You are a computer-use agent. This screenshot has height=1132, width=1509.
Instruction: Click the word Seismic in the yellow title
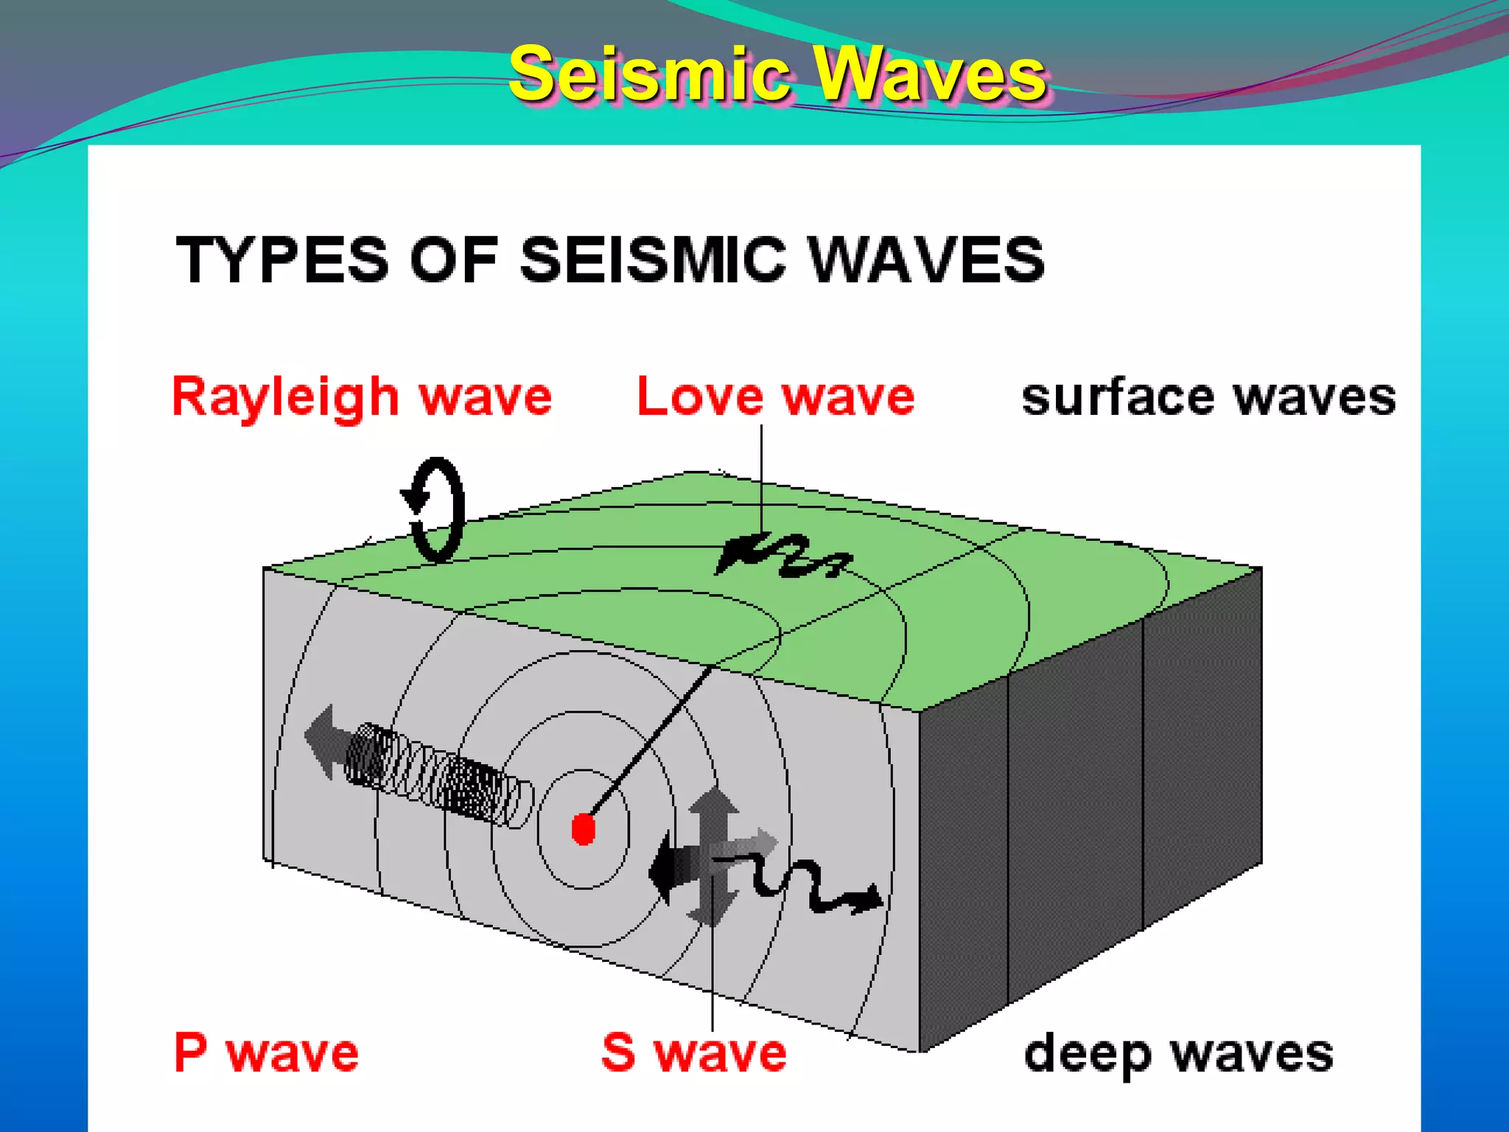(648, 74)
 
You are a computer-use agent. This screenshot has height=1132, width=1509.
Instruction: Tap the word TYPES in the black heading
(282, 259)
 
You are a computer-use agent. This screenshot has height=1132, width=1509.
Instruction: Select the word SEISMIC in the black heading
(653, 259)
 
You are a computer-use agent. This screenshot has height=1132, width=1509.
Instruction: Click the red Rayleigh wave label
(361, 398)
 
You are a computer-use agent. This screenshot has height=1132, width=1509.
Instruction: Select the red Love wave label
(775, 398)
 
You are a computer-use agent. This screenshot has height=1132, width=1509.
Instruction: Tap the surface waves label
(1208, 398)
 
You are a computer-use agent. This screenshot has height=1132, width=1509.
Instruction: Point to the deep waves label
(1179, 1054)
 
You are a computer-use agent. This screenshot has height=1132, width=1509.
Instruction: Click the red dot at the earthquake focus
(584, 829)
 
